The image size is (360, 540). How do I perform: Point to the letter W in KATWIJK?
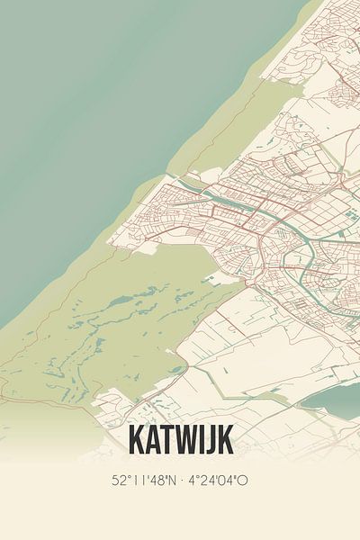tap(187, 440)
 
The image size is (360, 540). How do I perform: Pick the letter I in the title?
tap(202, 440)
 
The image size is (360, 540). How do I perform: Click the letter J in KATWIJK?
tap(211, 440)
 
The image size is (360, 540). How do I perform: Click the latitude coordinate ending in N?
tap(143, 481)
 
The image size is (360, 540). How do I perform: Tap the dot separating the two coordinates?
tap(181, 481)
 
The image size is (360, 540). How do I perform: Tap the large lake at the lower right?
tap(333, 400)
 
